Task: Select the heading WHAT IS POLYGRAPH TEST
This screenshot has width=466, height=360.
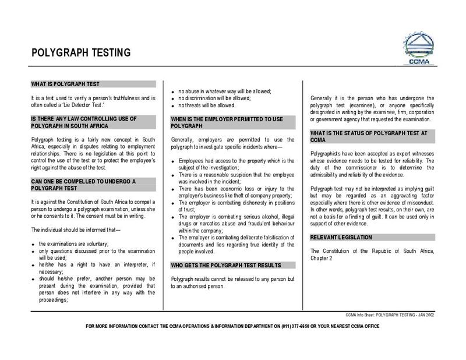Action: pyautogui.click(x=65, y=84)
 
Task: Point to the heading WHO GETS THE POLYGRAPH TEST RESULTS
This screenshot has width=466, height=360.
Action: pyautogui.click(x=226, y=265)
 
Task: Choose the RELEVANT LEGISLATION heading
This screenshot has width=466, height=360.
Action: pyautogui.click(x=341, y=238)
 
